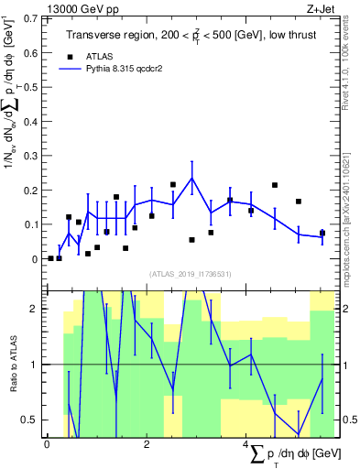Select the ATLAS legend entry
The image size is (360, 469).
(x=98, y=56)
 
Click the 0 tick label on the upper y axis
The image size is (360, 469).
(x=36, y=259)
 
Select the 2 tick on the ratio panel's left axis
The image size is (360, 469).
(x=36, y=309)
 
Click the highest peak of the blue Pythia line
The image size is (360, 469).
(x=192, y=178)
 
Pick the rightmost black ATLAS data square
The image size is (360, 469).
(x=322, y=233)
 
